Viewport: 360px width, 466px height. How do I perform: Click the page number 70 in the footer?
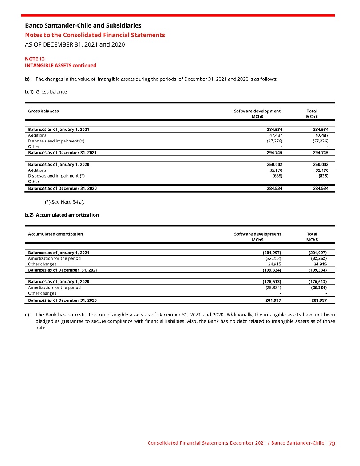click(332, 443)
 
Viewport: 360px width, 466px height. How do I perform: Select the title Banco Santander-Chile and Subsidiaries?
click(83, 25)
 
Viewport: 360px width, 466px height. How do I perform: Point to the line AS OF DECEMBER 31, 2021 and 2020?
click(75, 44)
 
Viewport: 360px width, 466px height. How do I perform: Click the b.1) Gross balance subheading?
click(46, 91)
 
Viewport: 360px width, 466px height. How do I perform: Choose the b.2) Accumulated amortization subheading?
click(62, 215)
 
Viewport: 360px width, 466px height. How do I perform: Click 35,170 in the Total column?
click(321, 170)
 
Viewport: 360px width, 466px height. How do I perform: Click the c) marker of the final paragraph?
click(27, 314)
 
